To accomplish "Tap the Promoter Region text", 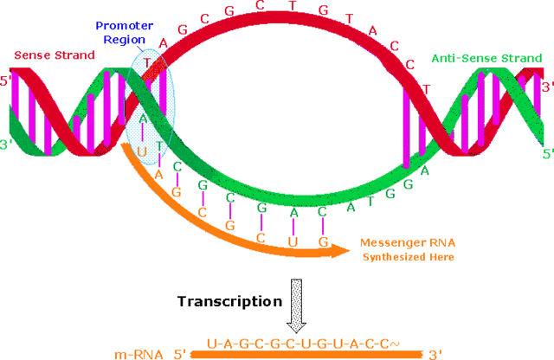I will pos(125,32).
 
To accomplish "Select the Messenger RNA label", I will pos(405,243).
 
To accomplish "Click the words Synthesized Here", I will pos(405,257).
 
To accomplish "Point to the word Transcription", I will pos(229,301).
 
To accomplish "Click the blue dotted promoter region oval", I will pos(149,104).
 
